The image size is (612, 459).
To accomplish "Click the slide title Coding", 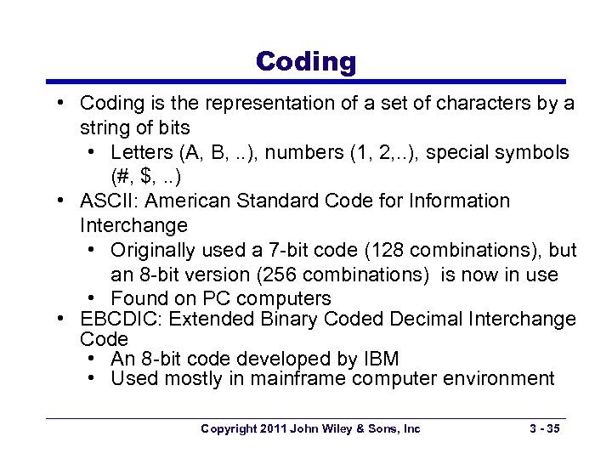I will point(306,61).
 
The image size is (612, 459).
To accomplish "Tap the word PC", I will point(217,299).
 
